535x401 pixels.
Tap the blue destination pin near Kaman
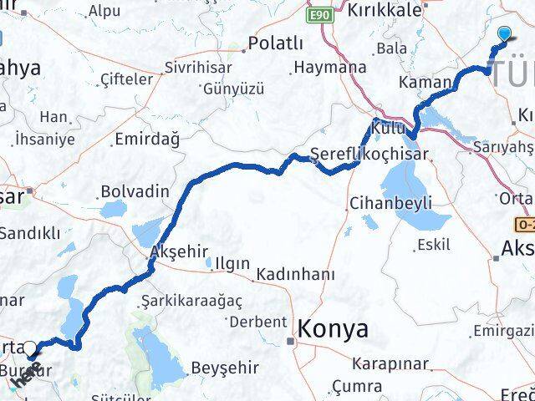click(x=504, y=34)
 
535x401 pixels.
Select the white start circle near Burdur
click(x=30, y=349)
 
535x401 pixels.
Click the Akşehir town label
click(x=175, y=251)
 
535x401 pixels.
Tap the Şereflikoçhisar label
click(x=369, y=154)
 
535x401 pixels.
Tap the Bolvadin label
click(x=135, y=191)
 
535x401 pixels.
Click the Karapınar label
click(x=390, y=364)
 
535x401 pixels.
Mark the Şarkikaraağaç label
click(x=180, y=300)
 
